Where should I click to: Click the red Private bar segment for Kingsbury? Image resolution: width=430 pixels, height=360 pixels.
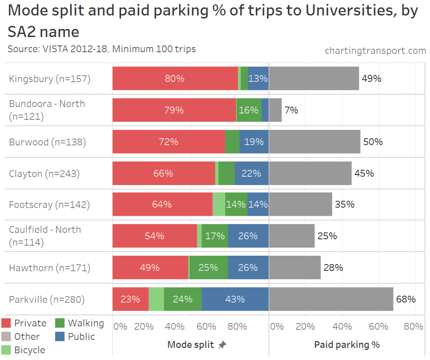pyautogui.click(x=175, y=79)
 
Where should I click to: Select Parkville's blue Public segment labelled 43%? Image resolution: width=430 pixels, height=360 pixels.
pyautogui.click(x=235, y=299)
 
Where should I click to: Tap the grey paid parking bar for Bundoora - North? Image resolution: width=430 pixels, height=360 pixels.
pyautogui.click(x=275, y=110)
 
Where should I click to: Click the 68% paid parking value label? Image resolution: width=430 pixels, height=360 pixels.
pyautogui.click(x=406, y=299)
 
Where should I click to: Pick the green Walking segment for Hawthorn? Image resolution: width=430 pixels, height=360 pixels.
pyautogui.click(x=208, y=267)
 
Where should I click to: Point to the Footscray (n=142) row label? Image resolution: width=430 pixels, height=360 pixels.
pyautogui.click(x=50, y=204)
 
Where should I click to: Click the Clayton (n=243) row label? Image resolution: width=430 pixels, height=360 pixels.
pyautogui.click(x=44, y=173)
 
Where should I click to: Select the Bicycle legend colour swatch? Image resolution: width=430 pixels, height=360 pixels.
pyautogui.click(x=6, y=349)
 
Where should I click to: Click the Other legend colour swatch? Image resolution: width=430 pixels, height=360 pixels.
pyautogui.click(x=6, y=336)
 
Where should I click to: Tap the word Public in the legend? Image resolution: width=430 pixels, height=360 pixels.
pyautogui.click(x=82, y=336)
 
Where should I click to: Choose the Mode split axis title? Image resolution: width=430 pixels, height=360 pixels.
pyautogui.click(x=191, y=345)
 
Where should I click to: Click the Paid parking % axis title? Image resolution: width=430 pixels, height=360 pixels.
pyautogui.click(x=347, y=345)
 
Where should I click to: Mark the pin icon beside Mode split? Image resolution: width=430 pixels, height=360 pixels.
pyautogui.click(x=222, y=345)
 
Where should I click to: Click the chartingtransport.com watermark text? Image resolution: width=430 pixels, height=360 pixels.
pyautogui.click(x=375, y=50)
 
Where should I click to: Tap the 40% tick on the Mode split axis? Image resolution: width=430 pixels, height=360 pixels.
pyautogui.click(x=175, y=326)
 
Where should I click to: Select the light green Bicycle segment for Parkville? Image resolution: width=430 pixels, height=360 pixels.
pyautogui.click(x=156, y=299)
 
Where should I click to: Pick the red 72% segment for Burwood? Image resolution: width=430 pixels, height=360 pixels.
pyautogui.click(x=169, y=142)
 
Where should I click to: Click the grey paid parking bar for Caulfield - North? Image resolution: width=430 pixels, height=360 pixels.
pyautogui.click(x=292, y=236)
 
